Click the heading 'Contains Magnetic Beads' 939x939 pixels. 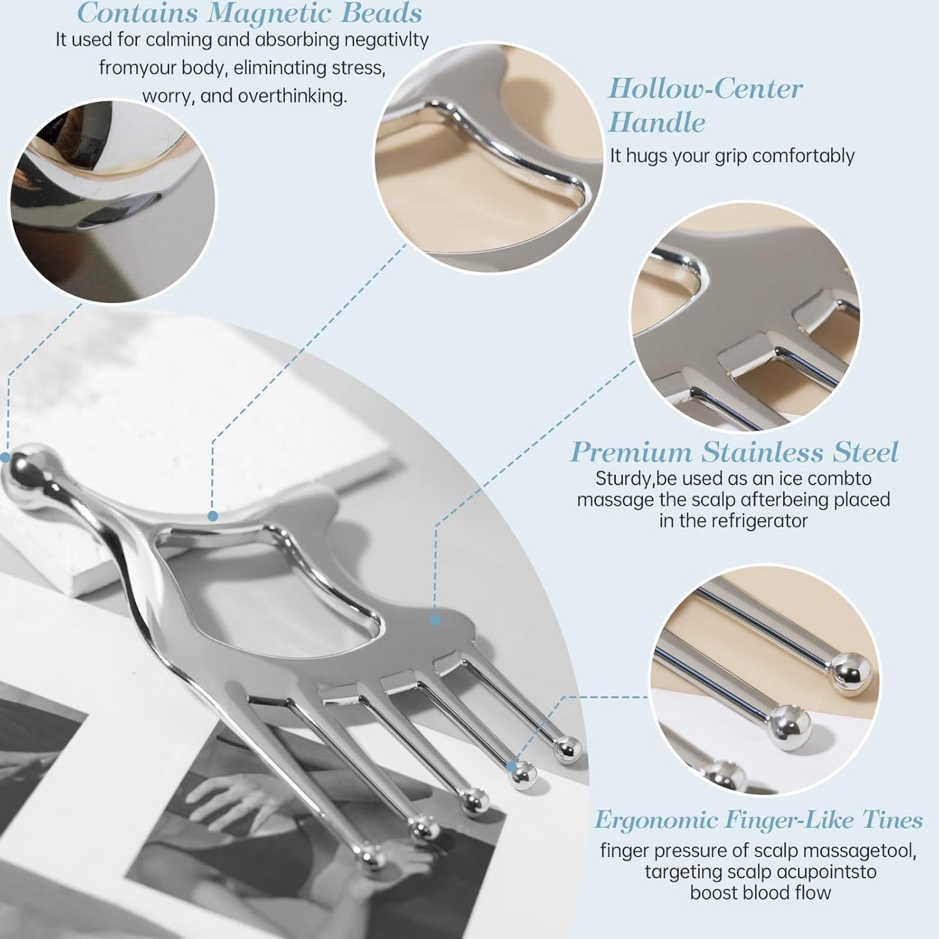click(250, 12)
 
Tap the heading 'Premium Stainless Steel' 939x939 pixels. click(734, 452)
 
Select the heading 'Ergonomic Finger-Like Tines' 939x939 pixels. click(759, 819)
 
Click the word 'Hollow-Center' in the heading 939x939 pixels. click(705, 88)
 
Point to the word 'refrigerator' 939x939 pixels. click(759, 521)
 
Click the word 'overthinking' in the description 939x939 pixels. click(292, 96)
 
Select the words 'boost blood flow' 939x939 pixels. click(761, 893)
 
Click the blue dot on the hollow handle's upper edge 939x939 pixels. click(212, 515)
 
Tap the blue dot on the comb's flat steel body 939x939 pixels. click(435, 621)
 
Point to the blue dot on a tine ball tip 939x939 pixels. click(511, 766)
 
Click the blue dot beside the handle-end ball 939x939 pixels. click(5, 457)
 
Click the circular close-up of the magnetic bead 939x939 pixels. click(113, 201)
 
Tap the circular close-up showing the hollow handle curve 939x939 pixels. click(489, 157)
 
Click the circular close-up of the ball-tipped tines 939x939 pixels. click(765, 680)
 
